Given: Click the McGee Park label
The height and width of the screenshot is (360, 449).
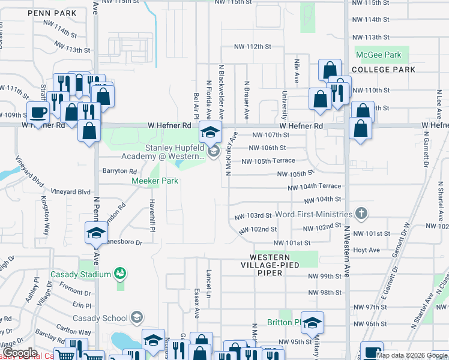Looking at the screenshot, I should click(x=378, y=55).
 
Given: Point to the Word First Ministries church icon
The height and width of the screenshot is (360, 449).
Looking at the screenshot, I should click(x=361, y=213).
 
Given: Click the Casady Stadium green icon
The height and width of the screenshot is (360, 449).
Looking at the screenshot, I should click(x=120, y=274).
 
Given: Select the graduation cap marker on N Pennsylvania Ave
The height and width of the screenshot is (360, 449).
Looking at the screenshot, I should click(x=96, y=233).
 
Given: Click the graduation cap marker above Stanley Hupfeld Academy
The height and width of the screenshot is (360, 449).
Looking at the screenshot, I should click(x=211, y=132).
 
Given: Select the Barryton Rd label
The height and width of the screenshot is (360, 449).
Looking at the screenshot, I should click(x=120, y=171).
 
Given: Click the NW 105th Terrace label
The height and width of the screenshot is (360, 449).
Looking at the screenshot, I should click(x=268, y=161).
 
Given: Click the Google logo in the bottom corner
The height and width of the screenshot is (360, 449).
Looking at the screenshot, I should click(x=20, y=353).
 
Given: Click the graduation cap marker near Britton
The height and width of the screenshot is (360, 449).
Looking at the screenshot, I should click(x=312, y=324).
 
